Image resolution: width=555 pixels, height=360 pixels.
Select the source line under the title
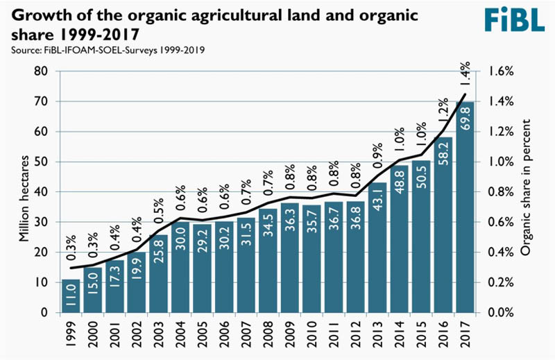[x=104, y=50]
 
